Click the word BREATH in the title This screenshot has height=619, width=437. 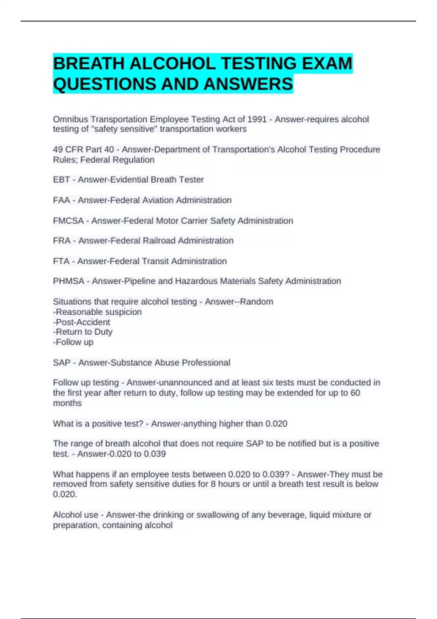tap(89, 64)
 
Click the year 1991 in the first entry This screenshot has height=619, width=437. tap(257, 119)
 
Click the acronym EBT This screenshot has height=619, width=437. tap(61, 180)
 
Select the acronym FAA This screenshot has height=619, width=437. tap(61, 200)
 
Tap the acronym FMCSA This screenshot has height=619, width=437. tap(68, 221)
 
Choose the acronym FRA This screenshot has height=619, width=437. tap(62, 241)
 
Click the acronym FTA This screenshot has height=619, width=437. tap(61, 261)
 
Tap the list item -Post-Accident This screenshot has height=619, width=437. tap(82, 322)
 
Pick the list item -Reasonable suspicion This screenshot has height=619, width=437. tap(97, 312)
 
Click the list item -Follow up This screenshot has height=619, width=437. tap(73, 342)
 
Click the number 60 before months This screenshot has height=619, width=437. tap(355, 393)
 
